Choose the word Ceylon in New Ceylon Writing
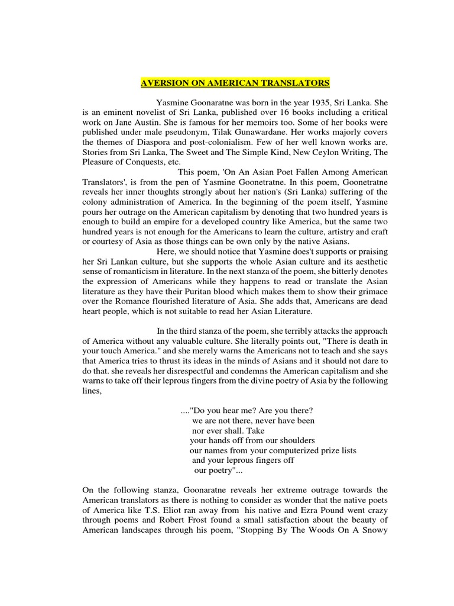pos(323,152)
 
